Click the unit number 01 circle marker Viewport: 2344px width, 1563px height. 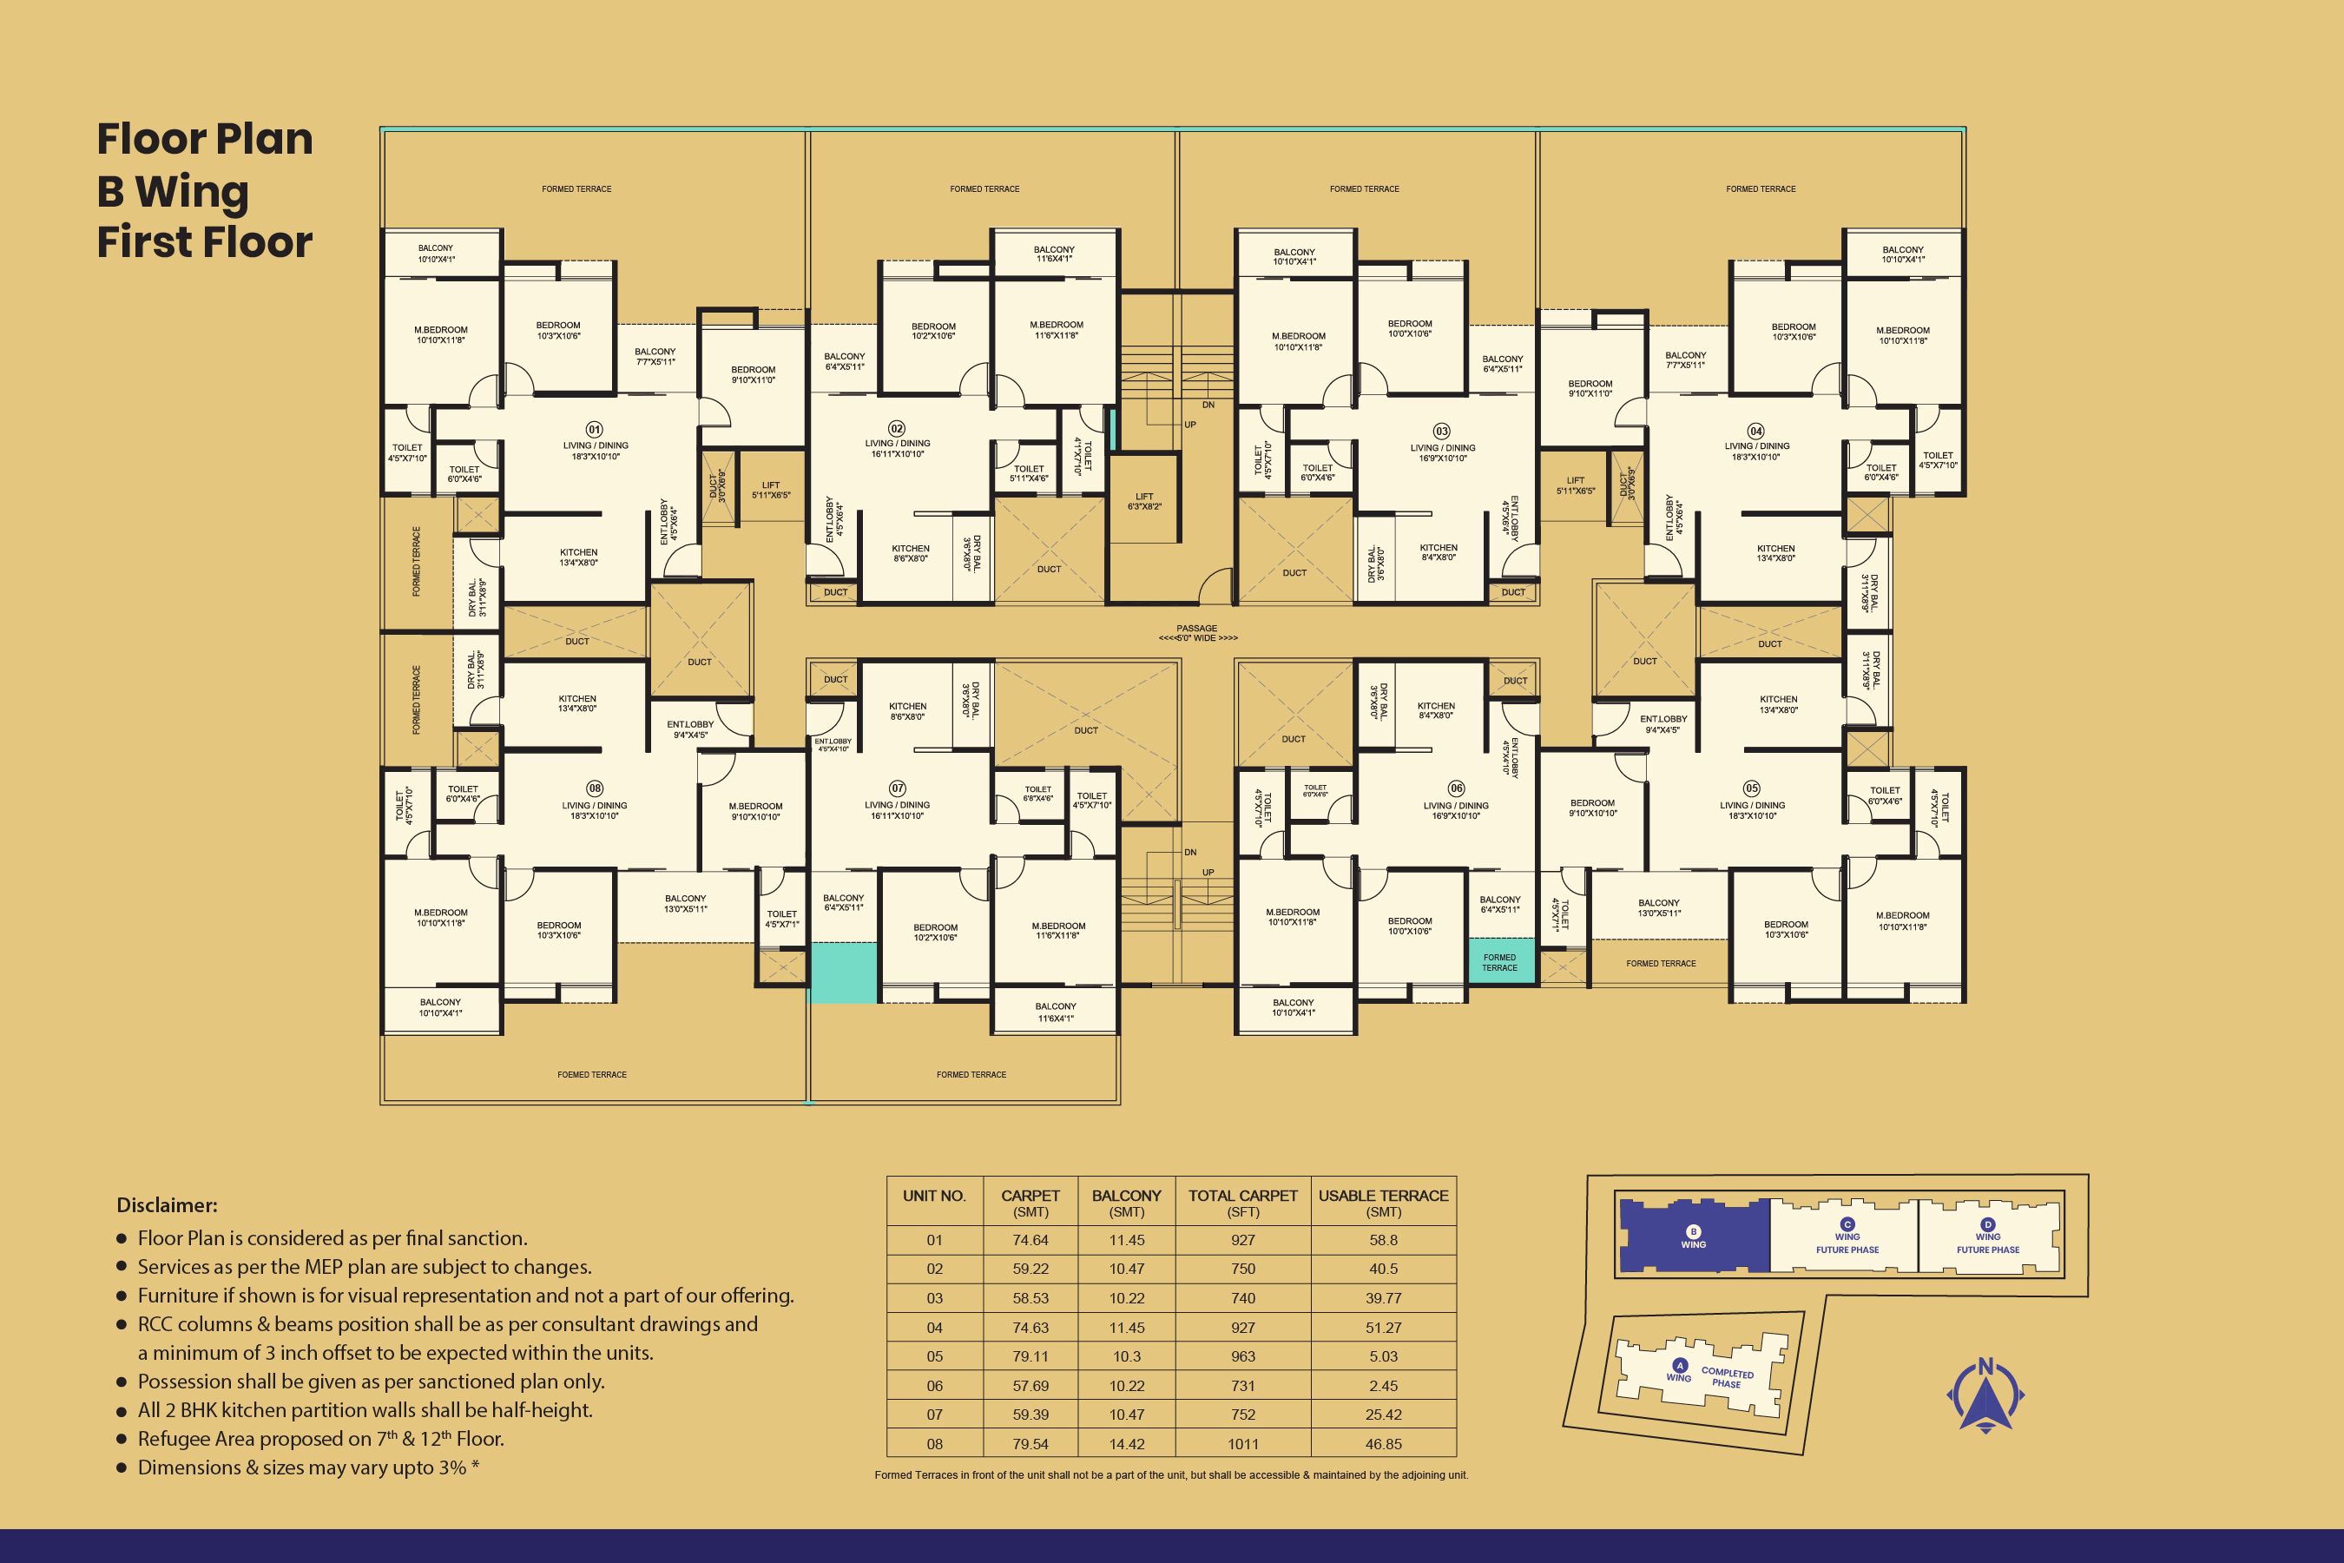click(x=594, y=430)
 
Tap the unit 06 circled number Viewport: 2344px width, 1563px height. click(x=1456, y=788)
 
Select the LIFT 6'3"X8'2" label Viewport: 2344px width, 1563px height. click(x=1144, y=501)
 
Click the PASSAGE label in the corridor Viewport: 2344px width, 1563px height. click(x=1197, y=629)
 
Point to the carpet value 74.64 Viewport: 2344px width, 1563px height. click(x=1030, y=1240)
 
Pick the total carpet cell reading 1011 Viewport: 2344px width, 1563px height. click(x=1243, y=1444)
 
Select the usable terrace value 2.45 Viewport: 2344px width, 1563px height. click(x=1383, y=1386)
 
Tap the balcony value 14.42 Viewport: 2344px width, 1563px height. click(x=1126, y=1444)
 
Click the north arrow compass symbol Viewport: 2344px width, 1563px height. click(x=1985, y=1395)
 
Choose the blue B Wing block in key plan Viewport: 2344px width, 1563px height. click(x=1693, y=1236)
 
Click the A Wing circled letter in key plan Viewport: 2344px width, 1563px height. click(x=1679, y=1366)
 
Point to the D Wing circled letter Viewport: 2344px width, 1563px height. click(x=1988, y=1225)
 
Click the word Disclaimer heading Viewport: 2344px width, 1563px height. click(x=167, y=1205)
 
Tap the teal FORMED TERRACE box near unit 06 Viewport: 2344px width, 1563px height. click(x=1500, y=962)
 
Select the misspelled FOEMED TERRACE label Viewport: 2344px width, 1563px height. click(x=592, y=1075)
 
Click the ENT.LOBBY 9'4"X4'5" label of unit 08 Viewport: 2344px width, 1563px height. click(x=689, y=729)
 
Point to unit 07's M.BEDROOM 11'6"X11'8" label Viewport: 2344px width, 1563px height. click(x=1057, y=930)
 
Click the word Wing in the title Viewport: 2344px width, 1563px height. click(x=191, y=191)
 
